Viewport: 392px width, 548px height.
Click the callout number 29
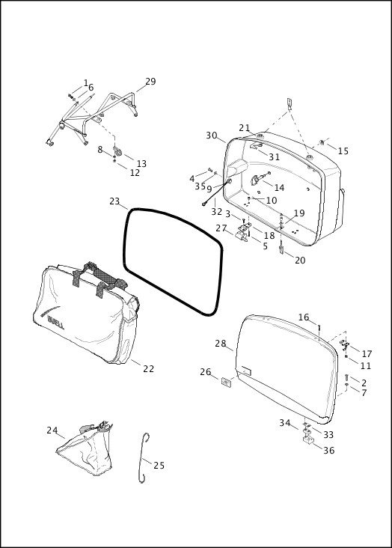pyautogui.click(x=150, y=82)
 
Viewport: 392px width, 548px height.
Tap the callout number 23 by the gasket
pyautogui.click(x=114, y=201)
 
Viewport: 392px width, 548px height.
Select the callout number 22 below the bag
pyautogui.click(x=148, y=368)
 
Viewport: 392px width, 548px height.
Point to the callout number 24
pyautogui.click(x=52, y=430)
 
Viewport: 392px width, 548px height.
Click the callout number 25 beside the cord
pyautogui.click(x=159, y=466)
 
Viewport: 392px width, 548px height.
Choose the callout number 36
pyautogui.click(x=328, y=450)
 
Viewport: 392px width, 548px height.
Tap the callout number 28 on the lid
pyautogui.click(x=220, y=344)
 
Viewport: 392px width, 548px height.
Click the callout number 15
pyautogui.click(x=343, y=151)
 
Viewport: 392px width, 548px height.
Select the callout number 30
pyautogui.click(x=212, y=136)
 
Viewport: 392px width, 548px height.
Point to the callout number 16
pyautogui.click(x=304, y=317)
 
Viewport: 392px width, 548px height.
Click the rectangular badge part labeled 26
pyautogui.click(x=225, y=383)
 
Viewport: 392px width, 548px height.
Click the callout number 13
pyautogui.click(x=141, y=164)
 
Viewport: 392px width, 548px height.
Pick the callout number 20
pyautogui.click(x=299, y=261)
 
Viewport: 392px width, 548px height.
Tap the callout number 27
pyautogui.click(x=221, y=228)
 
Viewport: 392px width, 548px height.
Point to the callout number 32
pyautogui.click(x=216, y=212)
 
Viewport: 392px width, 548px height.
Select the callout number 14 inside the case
pyautogui.click(x=278, y=187)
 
